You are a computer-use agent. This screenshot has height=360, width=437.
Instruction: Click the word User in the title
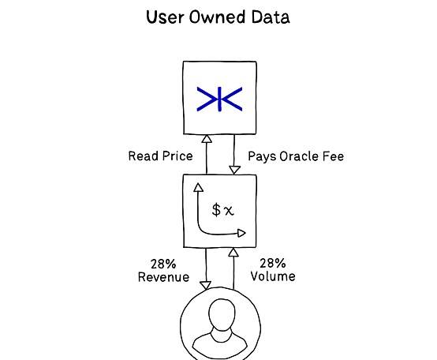click(164, 17)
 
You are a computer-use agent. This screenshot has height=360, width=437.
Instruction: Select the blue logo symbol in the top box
click(219, 99)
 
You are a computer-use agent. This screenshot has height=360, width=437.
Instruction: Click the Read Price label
click(161, 156)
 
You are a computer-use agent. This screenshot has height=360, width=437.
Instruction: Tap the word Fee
click(333, 156)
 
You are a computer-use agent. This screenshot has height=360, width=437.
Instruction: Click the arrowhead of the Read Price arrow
click(207, 139)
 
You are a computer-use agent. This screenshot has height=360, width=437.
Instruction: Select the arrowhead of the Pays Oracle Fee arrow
click(234, 170)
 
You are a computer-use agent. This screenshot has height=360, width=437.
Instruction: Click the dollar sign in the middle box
click(216, 210)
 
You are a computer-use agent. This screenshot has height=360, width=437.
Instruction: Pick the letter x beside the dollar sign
click(229, 211)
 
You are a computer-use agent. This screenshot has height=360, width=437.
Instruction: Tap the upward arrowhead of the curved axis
click(198, 187)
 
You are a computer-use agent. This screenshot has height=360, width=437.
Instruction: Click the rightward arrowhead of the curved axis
click(241, 233)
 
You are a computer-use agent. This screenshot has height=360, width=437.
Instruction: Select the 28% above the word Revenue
click(163, 264)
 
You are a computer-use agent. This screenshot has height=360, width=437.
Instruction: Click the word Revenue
click(163, 277)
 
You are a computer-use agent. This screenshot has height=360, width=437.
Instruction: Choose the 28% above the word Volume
click(273, 263)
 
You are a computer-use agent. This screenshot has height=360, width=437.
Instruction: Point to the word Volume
click(273, 276)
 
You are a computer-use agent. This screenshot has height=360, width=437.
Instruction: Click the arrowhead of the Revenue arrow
click(206, 285)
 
